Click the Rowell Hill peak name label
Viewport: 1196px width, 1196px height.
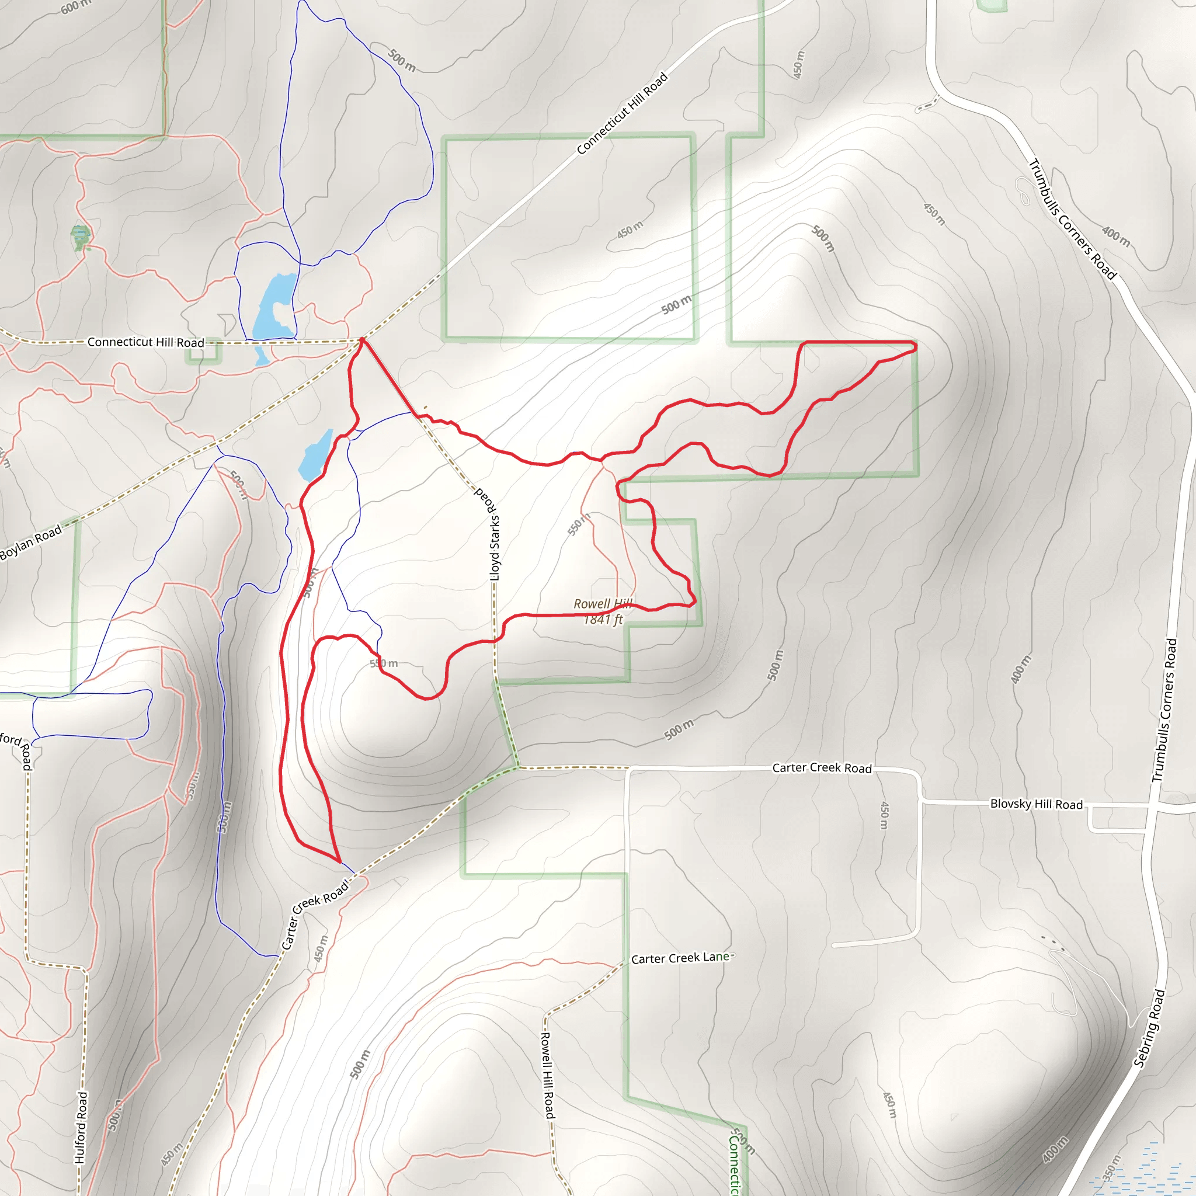coord(602,604)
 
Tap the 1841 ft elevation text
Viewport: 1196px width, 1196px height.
coord(604,619)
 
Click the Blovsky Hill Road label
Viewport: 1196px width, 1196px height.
coord(1037,804)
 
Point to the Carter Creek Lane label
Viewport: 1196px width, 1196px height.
coord(681,958)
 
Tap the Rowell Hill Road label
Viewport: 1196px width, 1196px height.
coord(548,1075)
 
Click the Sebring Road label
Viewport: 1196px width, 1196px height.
coord(1149,1028)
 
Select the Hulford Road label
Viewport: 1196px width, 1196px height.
coord(81,1127)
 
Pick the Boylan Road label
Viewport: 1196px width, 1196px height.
coord(31,542)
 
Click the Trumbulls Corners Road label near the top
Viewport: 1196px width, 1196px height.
coord(1073,220)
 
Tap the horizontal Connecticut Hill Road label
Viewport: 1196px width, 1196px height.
coord(145,342)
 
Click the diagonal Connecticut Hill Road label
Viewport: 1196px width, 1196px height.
coord(622,113)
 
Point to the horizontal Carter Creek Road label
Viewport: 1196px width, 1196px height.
coord(822,769)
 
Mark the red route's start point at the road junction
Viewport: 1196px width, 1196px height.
coord(362,339)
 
